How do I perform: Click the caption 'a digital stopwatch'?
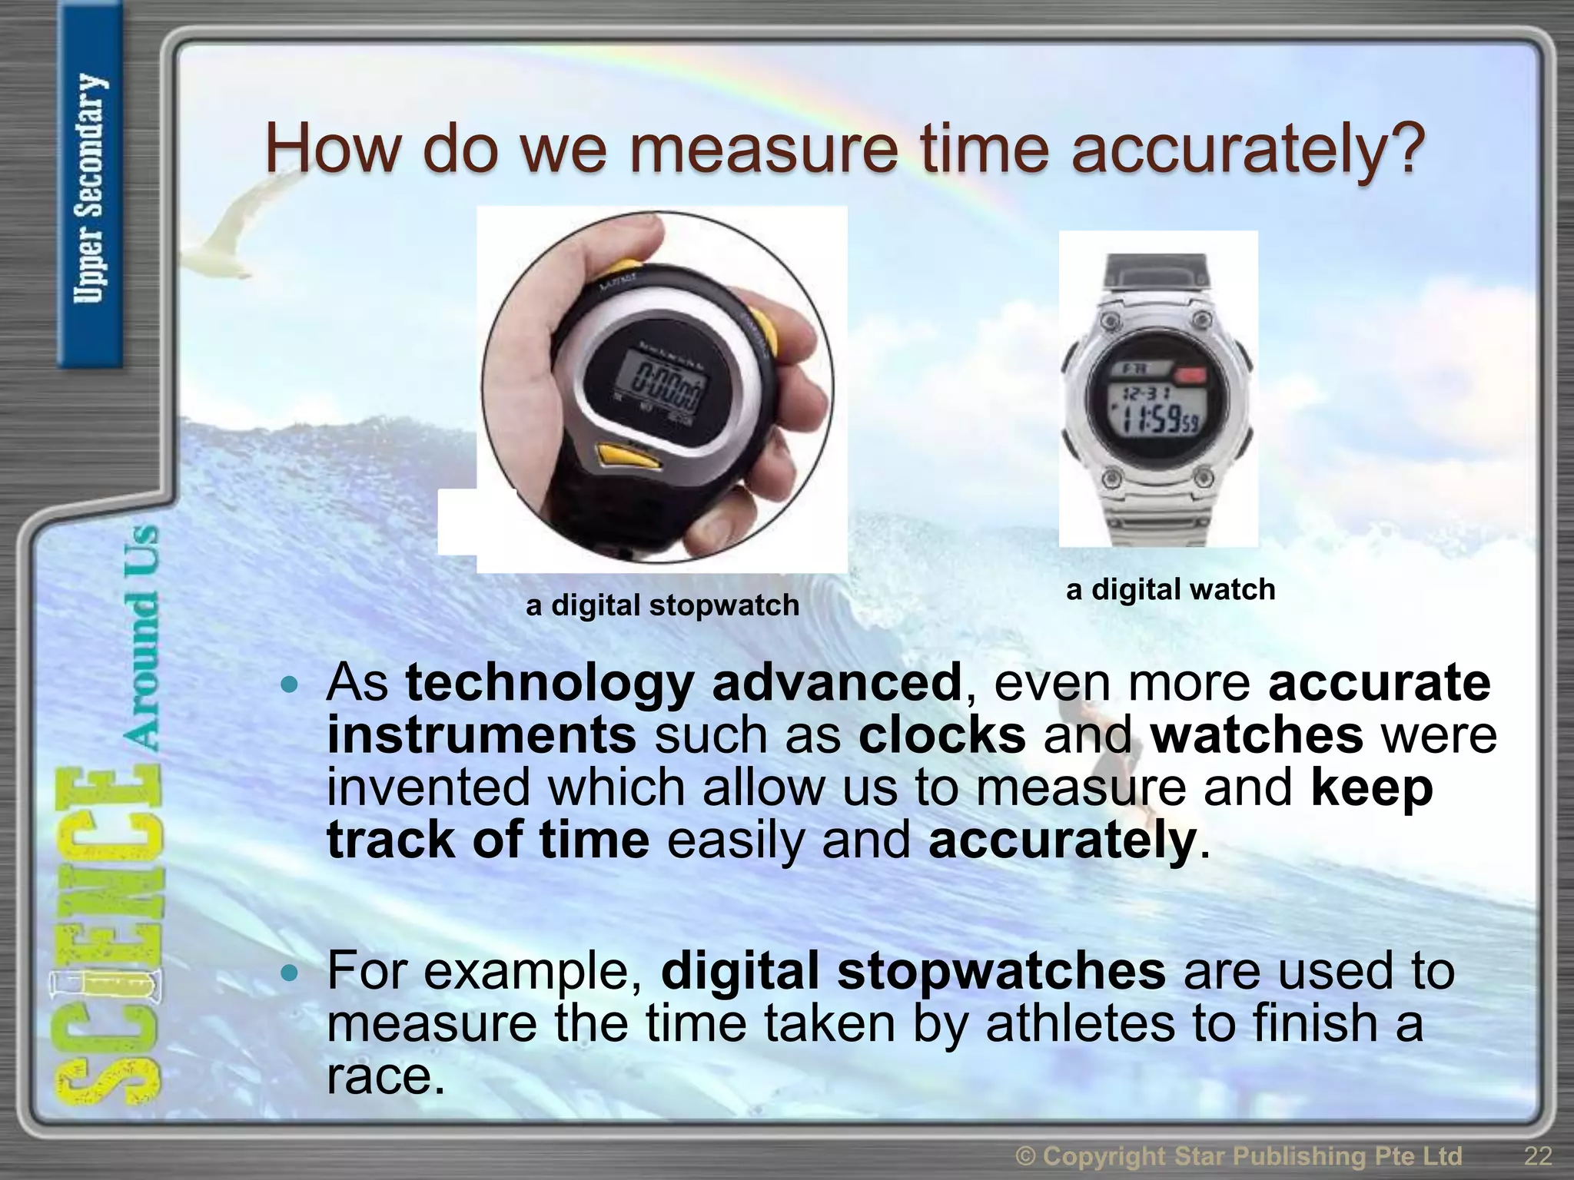point(662,605)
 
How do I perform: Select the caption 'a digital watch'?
point(1171,589)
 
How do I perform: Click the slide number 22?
point(1537,1155)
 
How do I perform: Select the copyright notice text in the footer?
point(1238,1155)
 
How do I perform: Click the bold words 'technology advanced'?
point(683,682)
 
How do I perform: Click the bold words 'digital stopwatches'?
point(913,971)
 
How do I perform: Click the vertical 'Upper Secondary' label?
point(89,188)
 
